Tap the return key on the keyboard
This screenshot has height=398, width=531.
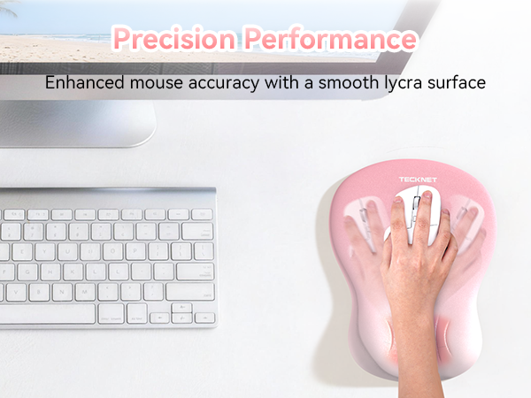tap(194, 272)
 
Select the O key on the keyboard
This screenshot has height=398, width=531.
tap(151, 251)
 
